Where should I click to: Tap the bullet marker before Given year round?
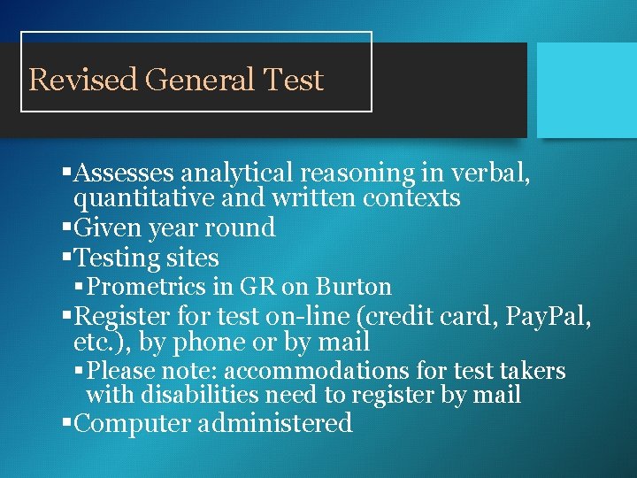click(67, 227)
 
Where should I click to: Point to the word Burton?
click(354, 287)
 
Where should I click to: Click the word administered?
click(276, 423)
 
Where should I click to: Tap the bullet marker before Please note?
click(81, 370)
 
